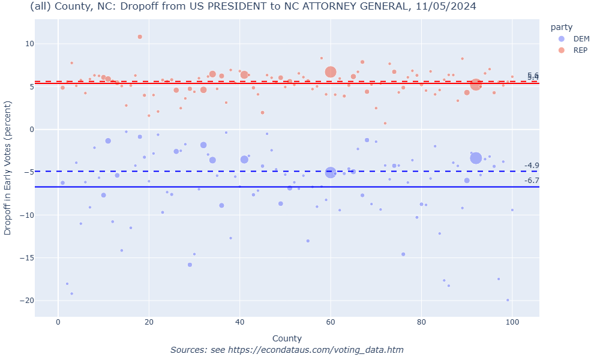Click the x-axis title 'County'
click(x=287, y=338)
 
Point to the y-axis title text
click(x=8, y=168)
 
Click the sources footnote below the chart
click(x=287, y=350)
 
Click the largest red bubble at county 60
click(x=331, y=72)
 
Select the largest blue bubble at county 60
click(x=331, y=172)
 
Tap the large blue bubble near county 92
click(x=476, y=158)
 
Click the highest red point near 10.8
click(x=140, y=37)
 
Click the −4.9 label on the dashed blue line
click(x=532, y=166)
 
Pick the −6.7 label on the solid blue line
click(x=532, y=181)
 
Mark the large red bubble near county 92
click(x=476, y=85)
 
